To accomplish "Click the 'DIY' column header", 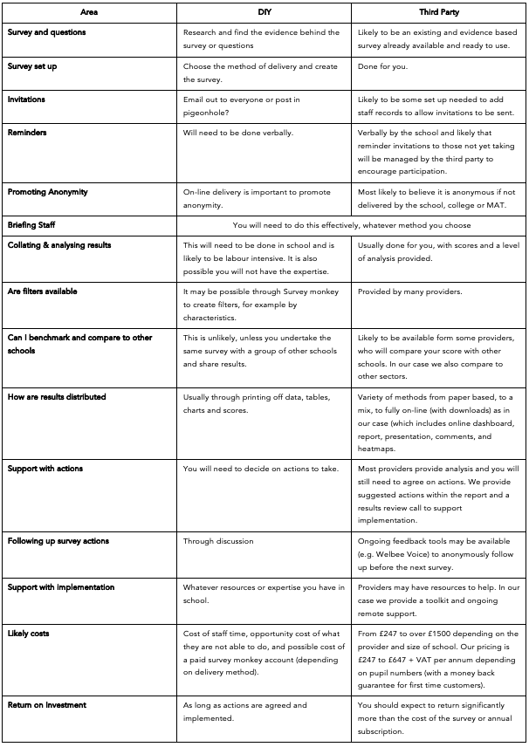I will pos(264,13).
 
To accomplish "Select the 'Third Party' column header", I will pos(439,13).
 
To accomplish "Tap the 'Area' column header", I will pos(89,13).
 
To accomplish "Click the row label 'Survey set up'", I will pos(32,66).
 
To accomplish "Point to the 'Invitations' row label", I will pos(26,99).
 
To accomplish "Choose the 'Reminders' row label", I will pos(27,134).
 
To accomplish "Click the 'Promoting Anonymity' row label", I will pos(47,192).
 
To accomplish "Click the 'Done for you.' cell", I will pos(381,66).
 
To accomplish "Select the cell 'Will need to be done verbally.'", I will pos(237,134).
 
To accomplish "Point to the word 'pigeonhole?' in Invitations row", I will pos(207,112).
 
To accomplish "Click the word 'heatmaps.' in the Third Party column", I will pos(376,448).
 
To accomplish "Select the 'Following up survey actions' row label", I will pos(58,541).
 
